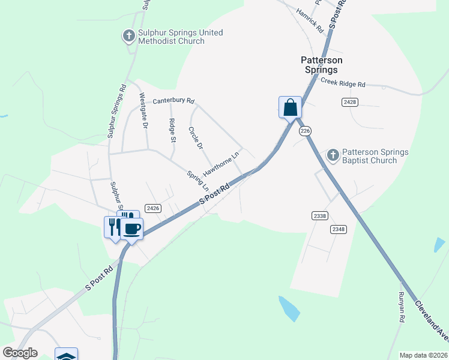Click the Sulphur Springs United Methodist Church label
(x=172, y=37)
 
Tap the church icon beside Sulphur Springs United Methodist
(x=128, y=36)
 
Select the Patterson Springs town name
(x=322, y=65)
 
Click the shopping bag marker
(x=290, y=108)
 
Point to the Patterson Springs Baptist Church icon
(x=333, y=155)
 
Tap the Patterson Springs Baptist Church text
(x=375, y=156)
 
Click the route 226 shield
(x=305, y=131)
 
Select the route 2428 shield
(x=351, y=103)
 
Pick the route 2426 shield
(x=152, y=208)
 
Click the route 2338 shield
(x=320, y=215)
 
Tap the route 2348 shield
(x=338, y=229)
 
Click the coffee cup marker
(x=133, y=229)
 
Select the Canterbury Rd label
(x=173, y=101)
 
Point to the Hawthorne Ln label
(x=221, y=163)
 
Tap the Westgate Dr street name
(x=143, y=111)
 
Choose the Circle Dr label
(x=194, y=137)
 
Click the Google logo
(x=20, y=353)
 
